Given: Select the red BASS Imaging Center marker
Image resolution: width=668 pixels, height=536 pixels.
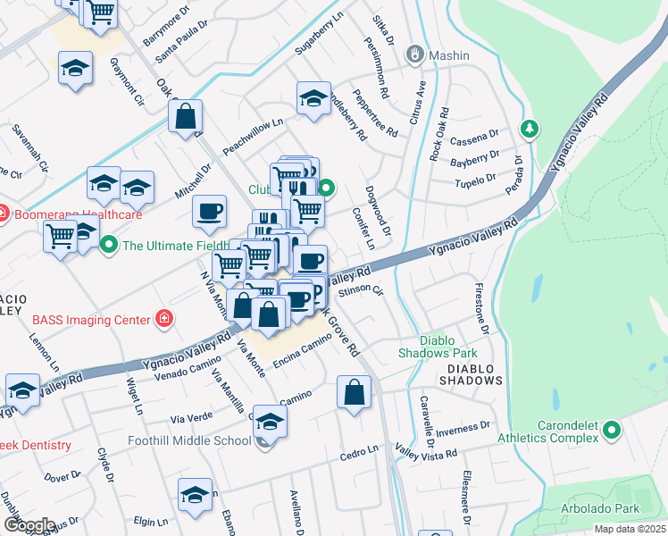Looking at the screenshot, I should click(163, 318).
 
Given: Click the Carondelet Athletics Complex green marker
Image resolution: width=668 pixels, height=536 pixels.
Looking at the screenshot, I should click(612, 431).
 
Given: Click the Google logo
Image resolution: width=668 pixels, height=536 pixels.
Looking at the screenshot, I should click(29, 524).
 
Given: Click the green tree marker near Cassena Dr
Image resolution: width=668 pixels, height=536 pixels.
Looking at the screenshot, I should click(530, 130).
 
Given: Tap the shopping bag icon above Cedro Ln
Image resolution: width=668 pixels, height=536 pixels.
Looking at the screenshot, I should click(355, 391).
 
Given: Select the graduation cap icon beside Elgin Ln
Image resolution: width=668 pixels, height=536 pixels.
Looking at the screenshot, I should click(195, 495).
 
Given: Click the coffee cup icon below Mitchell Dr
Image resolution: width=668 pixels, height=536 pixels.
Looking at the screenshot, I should click(210, 212).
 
